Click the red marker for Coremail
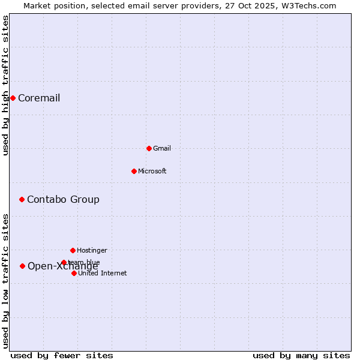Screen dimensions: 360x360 pos(13,98)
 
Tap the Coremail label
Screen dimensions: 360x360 pos(39,98)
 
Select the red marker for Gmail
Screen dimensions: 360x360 pos(149,148)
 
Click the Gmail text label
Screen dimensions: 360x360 pos(162,149)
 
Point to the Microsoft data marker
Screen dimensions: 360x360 pos(134,171)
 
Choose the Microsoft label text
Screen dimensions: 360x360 pos(152,172)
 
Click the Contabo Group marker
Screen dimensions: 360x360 pos(22,199)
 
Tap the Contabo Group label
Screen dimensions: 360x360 pos(63,200)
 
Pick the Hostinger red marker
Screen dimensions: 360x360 pos(73,250)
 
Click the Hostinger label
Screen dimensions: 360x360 pos(92,251)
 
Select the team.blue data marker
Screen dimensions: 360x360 pos(64,262)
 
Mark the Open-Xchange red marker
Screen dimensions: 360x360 pos(22,266)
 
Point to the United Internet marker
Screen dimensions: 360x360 pos(74,273)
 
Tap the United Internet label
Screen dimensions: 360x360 pos(103,274)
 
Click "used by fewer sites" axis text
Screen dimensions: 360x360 pos(62,355)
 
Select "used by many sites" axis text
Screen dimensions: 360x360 pos(301,355)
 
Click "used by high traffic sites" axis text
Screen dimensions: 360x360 pos(6,85)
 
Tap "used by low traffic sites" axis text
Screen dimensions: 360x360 pos(6,281)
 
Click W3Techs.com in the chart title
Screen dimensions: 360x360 pos(306,5)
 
